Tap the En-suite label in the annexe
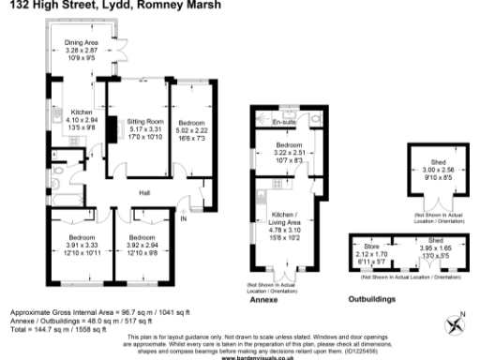pyautogui.click(x=283, y=123)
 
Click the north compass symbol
pyautogui.click(x=457, y=324)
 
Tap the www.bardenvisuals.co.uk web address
pyautogui.click(x=246, y=357)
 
